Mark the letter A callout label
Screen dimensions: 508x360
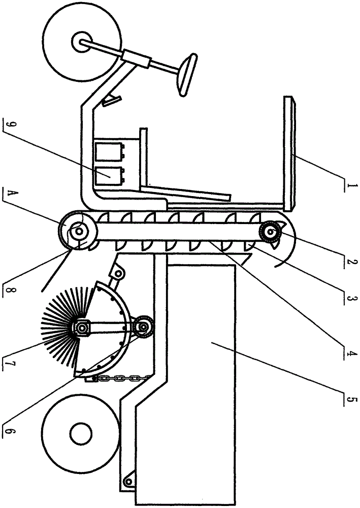tap(7, 193)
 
